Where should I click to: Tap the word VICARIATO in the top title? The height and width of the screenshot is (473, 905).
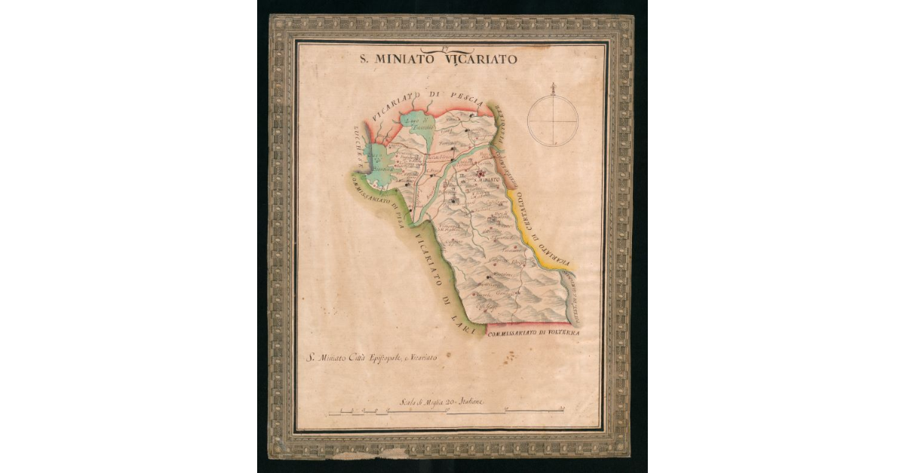(x=486, y=59)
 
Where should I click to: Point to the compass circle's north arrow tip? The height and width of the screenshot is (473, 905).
(x=553, y=84)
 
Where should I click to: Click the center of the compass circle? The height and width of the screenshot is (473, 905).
(x=553, y=121)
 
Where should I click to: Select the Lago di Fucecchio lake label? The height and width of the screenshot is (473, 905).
(x=416, y=124)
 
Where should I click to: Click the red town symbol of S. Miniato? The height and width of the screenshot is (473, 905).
(x=480, y=173)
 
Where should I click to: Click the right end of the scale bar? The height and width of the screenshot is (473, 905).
(x=565, y=410)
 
